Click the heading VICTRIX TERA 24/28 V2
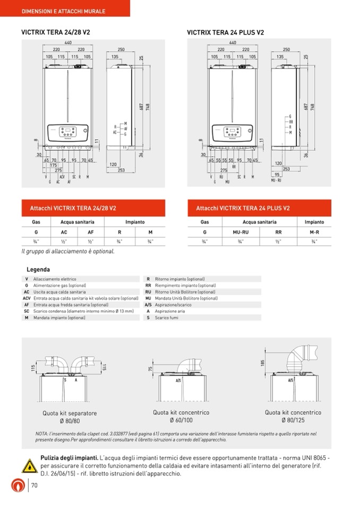pyautogui.click(x=55, y=32)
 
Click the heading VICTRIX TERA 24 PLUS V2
pyautogui.click(x=226, y=33)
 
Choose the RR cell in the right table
pyautogui.click(x=278, y=232)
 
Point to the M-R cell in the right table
pyautogui.click(x=314, y=232)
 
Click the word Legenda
pyautogui.click(x=38, y=270)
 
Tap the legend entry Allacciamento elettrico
pyautogui.click(x=55, y=279)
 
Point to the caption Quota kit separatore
pyautogui.click(x=70, y=413)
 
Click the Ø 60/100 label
pyautogui.click(x=181, y=420)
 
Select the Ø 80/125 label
pyautogui.click(x=293, y=420)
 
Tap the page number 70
pyautogui.click(x=35, y=486)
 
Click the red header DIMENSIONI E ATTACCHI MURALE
pyautogui.click(x=63, y=11)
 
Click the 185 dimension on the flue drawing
pyautogui.click(x=262, y=363)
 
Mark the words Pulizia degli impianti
pyautogui.click(x=69, y=458)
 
